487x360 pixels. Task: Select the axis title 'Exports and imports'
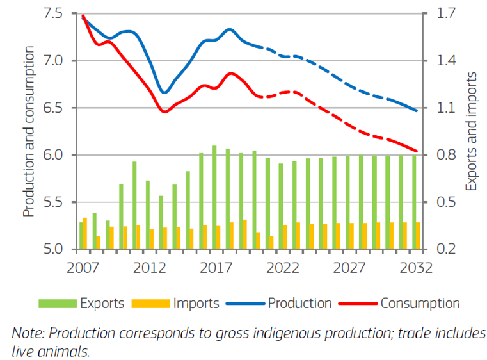click(x=472, y=131)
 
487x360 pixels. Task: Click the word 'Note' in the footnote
click(x=24, y=334)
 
